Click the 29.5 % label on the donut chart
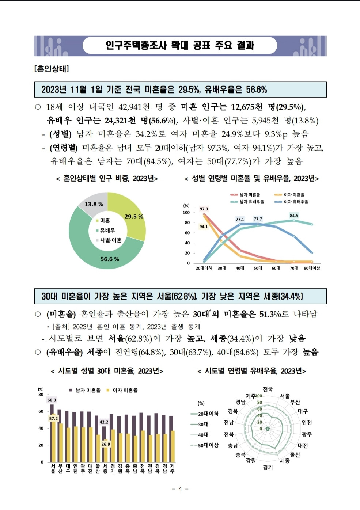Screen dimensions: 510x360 [x=133, y=217]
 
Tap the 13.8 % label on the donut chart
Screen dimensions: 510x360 [x=94, y=204]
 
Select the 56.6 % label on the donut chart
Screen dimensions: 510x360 [x=110, y=259]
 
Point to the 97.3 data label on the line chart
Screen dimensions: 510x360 [x=204, y=209]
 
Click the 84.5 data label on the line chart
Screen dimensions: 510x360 [x=294, y=216]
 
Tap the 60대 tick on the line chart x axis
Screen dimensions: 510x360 [x=276, y=268]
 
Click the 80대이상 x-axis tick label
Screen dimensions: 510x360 [x=312, y=268]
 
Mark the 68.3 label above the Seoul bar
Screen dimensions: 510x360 [x=52, y=400]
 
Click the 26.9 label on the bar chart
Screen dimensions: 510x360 [x=105, y=444]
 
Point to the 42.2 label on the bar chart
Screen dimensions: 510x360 [x=104, y=422]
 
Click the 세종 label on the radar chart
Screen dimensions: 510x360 [x=285, y=461]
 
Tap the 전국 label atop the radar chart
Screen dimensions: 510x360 [x=268, y=389]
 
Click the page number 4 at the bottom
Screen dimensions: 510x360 [x=180, y=489]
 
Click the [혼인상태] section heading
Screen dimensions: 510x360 [x=52, y=69]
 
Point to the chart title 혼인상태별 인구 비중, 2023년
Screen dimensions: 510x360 [x=107, y=179]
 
